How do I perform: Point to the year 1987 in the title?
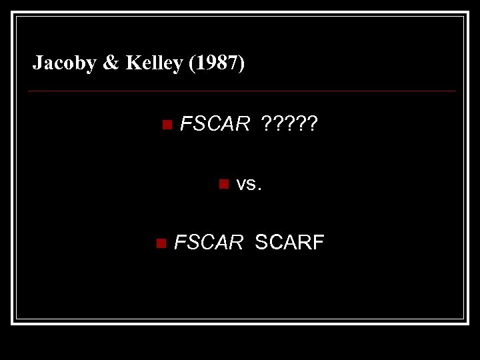click(x=217, y=63)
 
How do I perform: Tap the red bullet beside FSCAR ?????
click(x=167, y=124)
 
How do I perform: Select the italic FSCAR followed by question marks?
click(x=215, y=124)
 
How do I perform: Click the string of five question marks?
click(x=290, y=124)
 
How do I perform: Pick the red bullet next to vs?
click(x=224, y=183)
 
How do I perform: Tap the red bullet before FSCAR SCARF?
click(x=159, y=243)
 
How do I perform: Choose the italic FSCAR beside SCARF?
click(x=209, y=243)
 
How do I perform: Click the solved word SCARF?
click(x=289, y=243)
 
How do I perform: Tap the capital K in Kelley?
click(x=132, y=63)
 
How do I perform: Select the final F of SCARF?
click(x=319, y=243)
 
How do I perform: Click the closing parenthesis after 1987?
click(x=241, y=63)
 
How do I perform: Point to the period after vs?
click(x=260, y=189)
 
